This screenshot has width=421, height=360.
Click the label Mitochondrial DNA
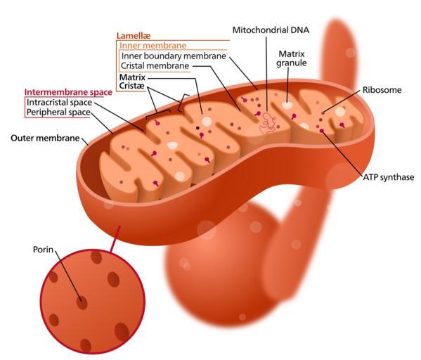click(x=271, y=30)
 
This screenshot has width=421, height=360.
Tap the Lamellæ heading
click(x=133, y=35)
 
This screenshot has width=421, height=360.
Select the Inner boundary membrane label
click(x=174, y=56)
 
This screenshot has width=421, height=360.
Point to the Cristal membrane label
click(x=155, y=65)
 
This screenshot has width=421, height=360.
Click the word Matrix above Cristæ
click(x=132, y=77)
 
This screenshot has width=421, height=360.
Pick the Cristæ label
click(x=132, y=86)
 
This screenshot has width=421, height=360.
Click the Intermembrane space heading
click(x=68, y=92)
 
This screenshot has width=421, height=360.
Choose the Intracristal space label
click(x=59, y=103)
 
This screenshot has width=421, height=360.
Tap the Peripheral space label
click(x=58, y=112)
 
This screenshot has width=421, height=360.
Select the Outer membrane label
click(x=45, y=138)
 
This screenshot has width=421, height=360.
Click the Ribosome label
click(x=382, y=90)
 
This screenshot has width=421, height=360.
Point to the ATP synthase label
click(x=388, y=177)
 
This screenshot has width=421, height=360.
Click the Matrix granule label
click(x=292, y=58)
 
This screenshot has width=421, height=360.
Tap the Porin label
click(x=43, y=250)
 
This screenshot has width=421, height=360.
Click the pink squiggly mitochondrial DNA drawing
click(x=267, y=123)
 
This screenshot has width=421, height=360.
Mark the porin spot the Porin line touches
click(x=82, y=303)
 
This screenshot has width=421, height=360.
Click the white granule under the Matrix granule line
click(x=287, y=105)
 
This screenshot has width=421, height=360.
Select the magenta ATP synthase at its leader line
click(x=322, y=131)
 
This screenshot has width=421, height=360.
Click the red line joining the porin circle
click(x=115, y=239)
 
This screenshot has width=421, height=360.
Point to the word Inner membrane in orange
click(x=153, y=46)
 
